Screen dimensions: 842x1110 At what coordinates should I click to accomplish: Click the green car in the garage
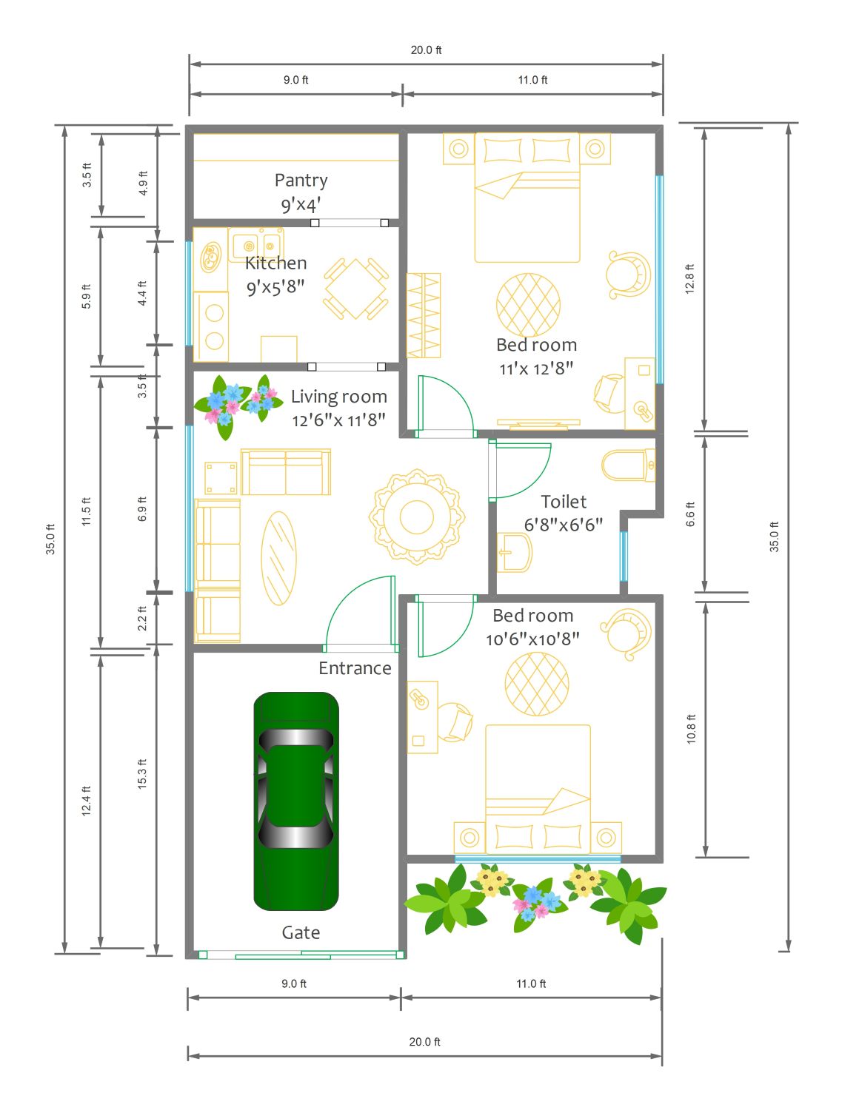tap(295, 801)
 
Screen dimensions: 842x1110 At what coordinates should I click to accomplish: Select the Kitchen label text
tap(275, 263)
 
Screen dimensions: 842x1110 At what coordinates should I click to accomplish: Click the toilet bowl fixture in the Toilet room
tap(628, 465)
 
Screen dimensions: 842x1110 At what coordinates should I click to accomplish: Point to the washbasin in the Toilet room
tap(514, 552)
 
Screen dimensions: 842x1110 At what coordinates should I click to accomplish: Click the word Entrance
tap(354, 668)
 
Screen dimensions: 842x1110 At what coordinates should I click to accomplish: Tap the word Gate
tap(301, 932)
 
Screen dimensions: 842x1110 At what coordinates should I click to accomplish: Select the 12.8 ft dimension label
tap(689, 279)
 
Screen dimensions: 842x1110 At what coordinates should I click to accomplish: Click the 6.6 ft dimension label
tap(689, 514)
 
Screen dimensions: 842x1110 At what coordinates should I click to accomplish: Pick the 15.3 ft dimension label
tap(141, 774)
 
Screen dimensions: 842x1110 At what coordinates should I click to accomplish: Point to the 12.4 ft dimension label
tap(86, 801)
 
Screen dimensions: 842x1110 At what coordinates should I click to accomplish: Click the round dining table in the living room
tap(416, 517)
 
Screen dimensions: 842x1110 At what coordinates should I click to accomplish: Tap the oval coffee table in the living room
tap(278, 558)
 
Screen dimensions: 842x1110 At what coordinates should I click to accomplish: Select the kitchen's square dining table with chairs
tap(355, 289)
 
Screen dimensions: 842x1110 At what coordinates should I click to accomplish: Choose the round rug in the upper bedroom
tap(528, 305)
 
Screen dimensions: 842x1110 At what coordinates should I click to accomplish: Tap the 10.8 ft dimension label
tap(691, 729)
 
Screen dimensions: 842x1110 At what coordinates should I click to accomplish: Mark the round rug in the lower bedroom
tap(536, 684)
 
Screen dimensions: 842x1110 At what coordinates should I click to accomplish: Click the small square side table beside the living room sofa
tap(221, 477)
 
